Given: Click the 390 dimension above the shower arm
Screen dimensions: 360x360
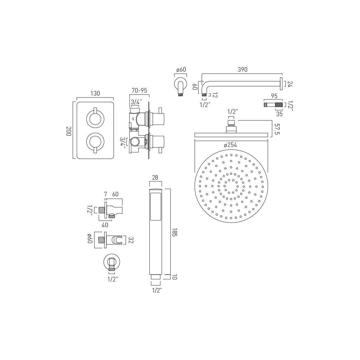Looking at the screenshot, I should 242,70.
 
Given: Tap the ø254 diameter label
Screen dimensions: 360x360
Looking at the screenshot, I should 231,145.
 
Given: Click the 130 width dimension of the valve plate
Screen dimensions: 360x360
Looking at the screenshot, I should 95,94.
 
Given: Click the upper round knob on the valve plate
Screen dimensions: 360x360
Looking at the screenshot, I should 95,118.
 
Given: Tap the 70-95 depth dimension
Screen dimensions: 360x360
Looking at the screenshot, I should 139,91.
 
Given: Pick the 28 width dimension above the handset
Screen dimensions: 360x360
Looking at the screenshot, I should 155,178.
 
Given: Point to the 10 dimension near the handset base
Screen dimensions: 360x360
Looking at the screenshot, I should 174,277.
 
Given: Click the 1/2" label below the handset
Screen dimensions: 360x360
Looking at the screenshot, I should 157,290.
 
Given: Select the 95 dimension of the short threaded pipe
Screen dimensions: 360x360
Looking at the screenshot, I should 274,96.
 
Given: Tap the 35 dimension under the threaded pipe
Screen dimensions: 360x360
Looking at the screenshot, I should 279,114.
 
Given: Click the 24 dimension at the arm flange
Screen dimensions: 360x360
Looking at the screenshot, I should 290,84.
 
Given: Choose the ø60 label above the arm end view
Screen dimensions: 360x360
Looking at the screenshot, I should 181,70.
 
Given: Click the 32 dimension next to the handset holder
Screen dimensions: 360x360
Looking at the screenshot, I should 131,240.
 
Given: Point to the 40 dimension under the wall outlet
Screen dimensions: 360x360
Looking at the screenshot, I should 105,225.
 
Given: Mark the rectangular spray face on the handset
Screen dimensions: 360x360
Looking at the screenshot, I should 155,207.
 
